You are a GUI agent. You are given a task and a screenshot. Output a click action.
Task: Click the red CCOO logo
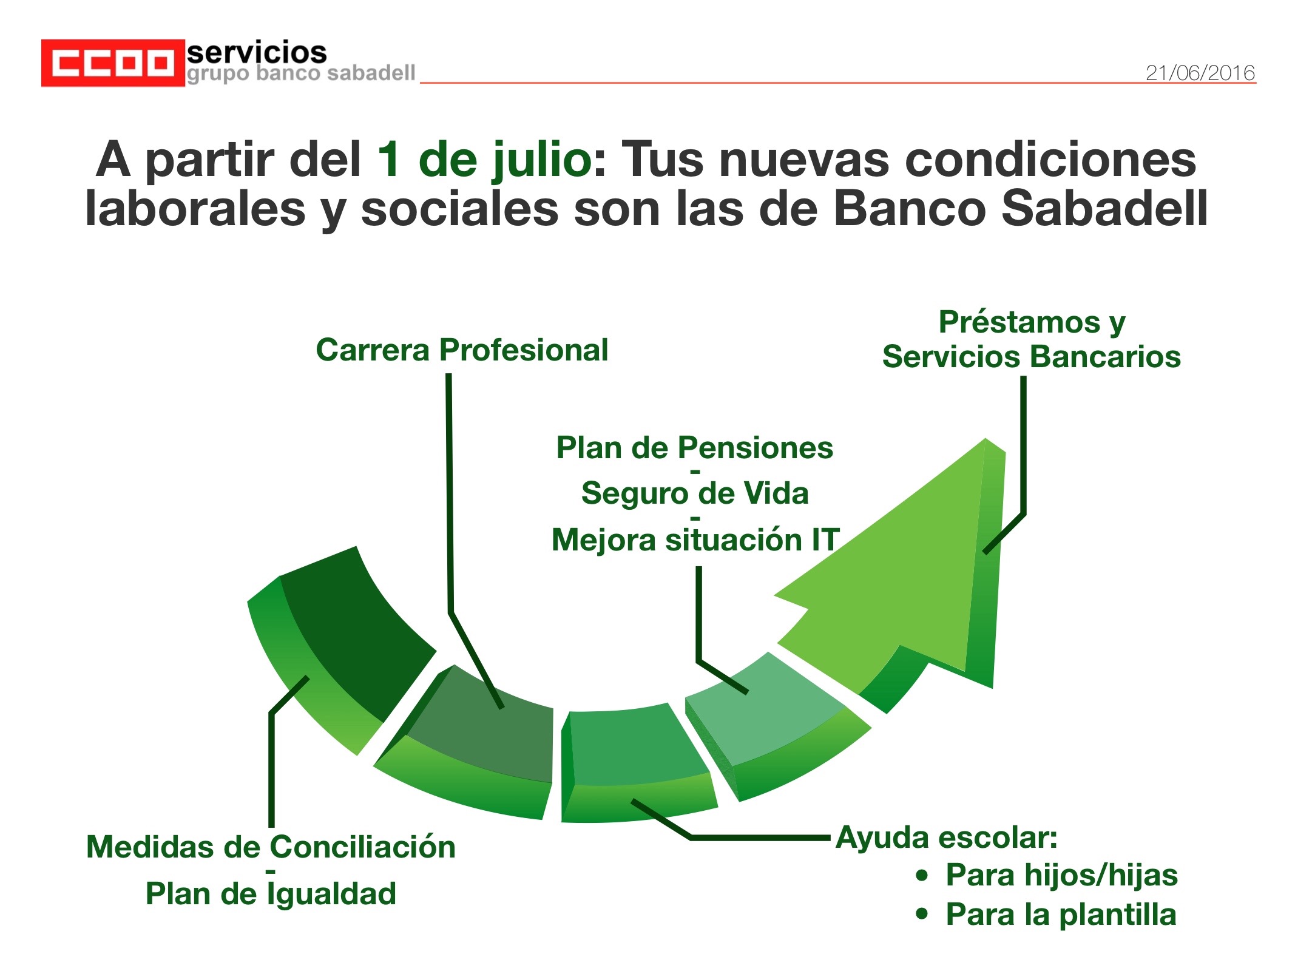(113, 63)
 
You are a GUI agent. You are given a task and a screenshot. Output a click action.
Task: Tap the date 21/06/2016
(1200, 73)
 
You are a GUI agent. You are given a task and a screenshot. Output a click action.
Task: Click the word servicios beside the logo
(257, 53)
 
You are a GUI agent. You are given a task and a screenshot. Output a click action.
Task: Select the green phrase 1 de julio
(484, 159)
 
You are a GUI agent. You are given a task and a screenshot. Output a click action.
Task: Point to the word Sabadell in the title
(1105, 208)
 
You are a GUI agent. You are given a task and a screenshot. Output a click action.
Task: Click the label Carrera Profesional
(462, 350)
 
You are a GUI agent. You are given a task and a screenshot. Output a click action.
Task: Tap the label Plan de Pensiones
(695, 448)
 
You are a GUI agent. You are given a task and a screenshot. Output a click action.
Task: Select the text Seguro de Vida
(695, 493)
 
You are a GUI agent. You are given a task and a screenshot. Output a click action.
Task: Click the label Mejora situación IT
(695, 540)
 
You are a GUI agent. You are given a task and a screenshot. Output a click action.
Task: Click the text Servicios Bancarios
(1032, 356)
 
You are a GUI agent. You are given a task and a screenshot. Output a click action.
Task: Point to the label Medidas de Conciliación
(271, 847)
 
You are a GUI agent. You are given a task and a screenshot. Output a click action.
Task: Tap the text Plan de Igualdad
(271, 893)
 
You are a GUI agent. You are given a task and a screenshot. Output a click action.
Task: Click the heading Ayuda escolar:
(947, 838)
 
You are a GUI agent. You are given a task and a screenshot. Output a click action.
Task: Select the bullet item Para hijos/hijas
(1061, 875)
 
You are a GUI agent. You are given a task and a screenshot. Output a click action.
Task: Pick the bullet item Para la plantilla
(1061, 915)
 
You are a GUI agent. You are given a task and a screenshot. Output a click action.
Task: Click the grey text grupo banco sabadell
(301, 73)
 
